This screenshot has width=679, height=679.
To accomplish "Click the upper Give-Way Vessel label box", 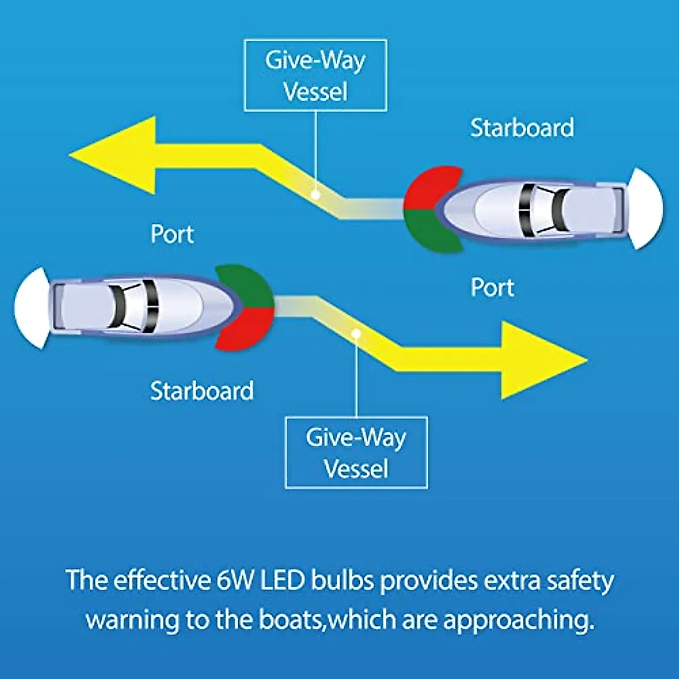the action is [316, 75].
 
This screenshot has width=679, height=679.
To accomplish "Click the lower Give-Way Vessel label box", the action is [356, 453].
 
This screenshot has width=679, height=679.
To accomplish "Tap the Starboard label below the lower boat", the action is [202, 390].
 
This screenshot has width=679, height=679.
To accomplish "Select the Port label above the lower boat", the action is [173, 234].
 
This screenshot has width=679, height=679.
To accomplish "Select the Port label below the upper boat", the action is [492, 287].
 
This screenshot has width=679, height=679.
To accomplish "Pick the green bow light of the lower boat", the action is [245, 286].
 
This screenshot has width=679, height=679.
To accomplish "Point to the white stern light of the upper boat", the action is [646, 209].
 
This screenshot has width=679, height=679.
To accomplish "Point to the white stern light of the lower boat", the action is [31, 308].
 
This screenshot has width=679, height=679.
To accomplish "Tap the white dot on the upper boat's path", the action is [316, 194].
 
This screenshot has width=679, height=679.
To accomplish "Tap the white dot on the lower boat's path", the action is [356, 333].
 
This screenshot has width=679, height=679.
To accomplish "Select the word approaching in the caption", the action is [519, 620].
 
